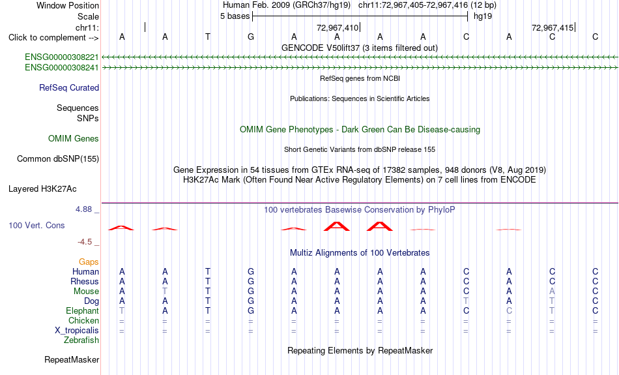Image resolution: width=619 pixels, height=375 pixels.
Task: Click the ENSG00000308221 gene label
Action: click(x=62, y=57)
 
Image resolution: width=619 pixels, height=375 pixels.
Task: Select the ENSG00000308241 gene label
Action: click(x=62, y=68)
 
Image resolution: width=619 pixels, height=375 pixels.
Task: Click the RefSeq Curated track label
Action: click(x=69, y=88)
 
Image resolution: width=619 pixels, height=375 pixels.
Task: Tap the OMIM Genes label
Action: click(x=74, y=139)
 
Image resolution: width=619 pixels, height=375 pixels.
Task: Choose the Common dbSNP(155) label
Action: click(x=58, y=159)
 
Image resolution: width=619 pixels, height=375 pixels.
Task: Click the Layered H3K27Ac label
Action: click(x=42, y=189)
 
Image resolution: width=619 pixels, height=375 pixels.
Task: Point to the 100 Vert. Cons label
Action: click(x=36, y=225)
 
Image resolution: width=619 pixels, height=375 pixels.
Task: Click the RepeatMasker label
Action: click(x=72, y=359)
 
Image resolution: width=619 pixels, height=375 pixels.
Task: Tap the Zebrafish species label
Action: click(x=81, y=340)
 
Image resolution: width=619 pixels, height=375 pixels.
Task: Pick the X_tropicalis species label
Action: click(x=77, y=331)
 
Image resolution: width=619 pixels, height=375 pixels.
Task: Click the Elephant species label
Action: click(x=82, y=311)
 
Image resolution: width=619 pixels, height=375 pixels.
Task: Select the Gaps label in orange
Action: click(x=89, y=262)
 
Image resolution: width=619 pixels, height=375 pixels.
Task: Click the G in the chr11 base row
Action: click(x=251, y=37)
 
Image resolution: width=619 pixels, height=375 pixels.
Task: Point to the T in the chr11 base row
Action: click(x=208, y=37)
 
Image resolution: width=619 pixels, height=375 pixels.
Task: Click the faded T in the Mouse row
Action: click(x=165, y=292)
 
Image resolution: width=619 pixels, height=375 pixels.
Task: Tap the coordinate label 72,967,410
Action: click(x=338, y=27)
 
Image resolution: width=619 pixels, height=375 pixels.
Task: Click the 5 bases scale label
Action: click(x=235, y=16)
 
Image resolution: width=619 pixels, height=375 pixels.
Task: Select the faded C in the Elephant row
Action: click(x=510, y=311)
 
